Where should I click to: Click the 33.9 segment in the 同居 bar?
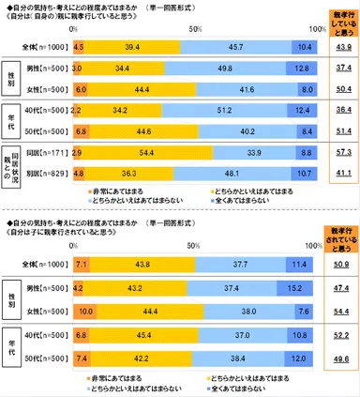[258, 151]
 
